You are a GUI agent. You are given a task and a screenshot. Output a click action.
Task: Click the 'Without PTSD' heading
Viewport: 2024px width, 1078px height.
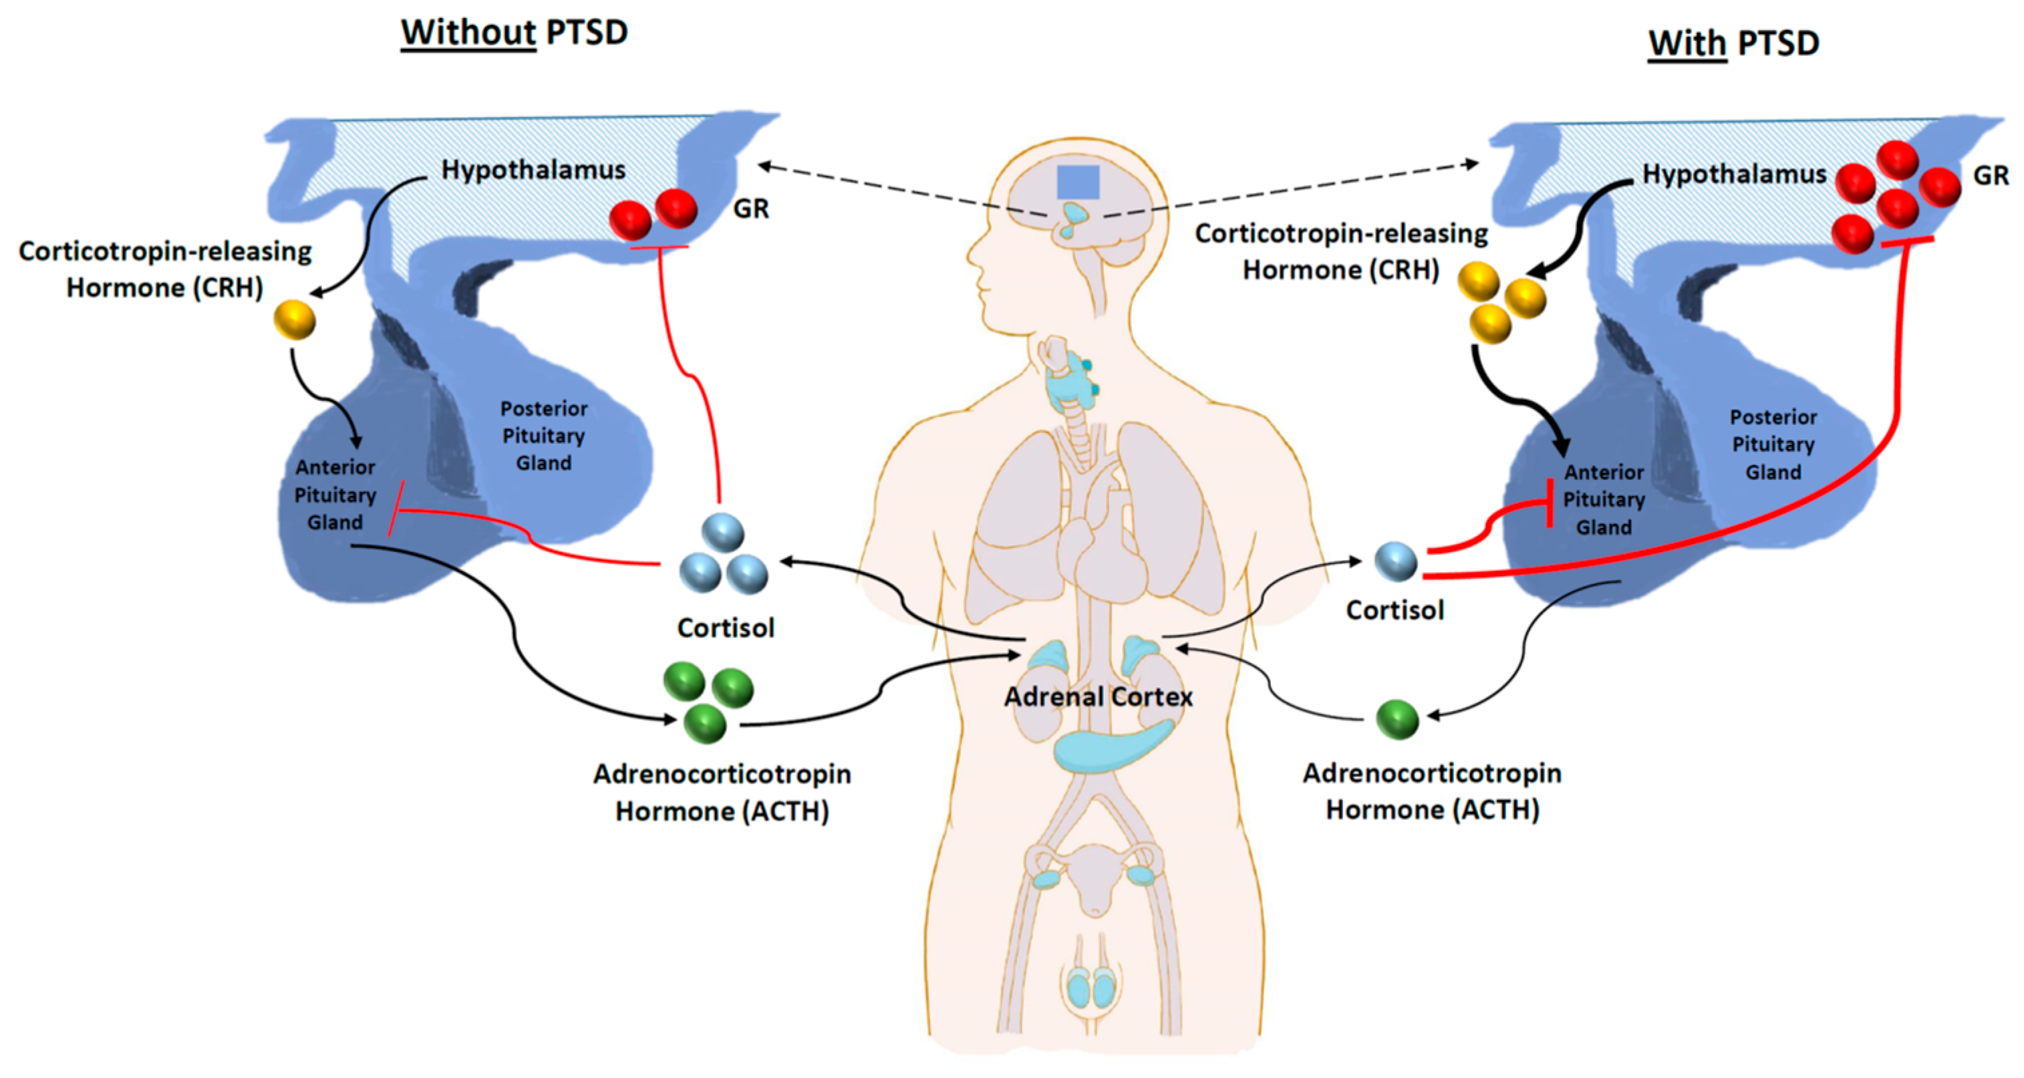pos(515,33)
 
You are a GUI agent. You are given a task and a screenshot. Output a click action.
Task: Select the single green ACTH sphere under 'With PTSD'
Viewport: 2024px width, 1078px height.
pos(1398,720)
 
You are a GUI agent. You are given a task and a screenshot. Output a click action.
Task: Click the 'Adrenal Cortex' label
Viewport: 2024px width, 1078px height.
pos(1099,697)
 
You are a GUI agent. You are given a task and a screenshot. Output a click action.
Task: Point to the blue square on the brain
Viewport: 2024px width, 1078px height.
pos(1078,182)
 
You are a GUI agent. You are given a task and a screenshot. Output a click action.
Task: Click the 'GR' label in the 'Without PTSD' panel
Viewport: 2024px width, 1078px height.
pos(750,209)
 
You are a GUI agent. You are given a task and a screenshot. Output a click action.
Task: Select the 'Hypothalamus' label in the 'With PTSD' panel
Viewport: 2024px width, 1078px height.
pos(1734,174)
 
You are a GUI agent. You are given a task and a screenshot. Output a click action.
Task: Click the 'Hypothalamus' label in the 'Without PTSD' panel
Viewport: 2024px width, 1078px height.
pos(533,170)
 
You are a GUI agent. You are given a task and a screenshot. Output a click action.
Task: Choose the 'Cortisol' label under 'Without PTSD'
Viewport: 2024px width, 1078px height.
pos(725,628)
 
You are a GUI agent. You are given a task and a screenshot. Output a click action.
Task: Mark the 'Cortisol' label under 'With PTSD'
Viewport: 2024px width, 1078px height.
pos(1395,610)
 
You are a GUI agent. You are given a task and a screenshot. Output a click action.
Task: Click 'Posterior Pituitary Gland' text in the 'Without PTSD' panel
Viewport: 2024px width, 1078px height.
pos(544,436)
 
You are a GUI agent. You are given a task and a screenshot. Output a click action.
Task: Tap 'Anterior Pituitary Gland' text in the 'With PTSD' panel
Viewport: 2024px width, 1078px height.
pos(1604,500)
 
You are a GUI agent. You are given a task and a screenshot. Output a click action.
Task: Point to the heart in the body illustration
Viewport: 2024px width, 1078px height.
pos(1100,550)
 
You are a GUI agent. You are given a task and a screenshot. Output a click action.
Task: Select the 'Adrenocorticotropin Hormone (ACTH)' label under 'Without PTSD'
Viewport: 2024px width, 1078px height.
pos(722,792)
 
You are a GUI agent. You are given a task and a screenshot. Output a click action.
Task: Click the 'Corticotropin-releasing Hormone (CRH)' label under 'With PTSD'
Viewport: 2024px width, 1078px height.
pos(1341,251)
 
